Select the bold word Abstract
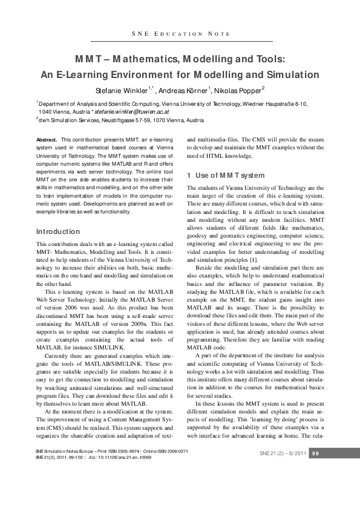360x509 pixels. point(47,140)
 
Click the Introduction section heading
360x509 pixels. point(58,232)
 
